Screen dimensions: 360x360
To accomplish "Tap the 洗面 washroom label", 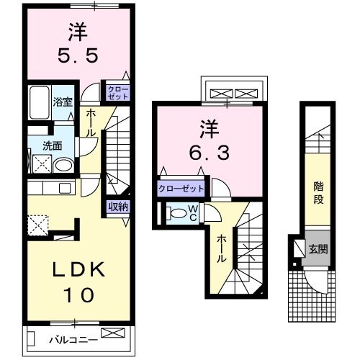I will point(52,145).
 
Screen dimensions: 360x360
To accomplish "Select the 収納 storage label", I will point(118,207).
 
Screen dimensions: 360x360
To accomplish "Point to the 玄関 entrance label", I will point(318,250).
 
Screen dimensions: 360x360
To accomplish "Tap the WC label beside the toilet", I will point(192,212).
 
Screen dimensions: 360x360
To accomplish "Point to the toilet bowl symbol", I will point(176,213).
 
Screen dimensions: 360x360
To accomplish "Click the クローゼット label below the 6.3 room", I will point(181,189).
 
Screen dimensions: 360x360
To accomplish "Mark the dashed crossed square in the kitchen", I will point(37,225).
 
